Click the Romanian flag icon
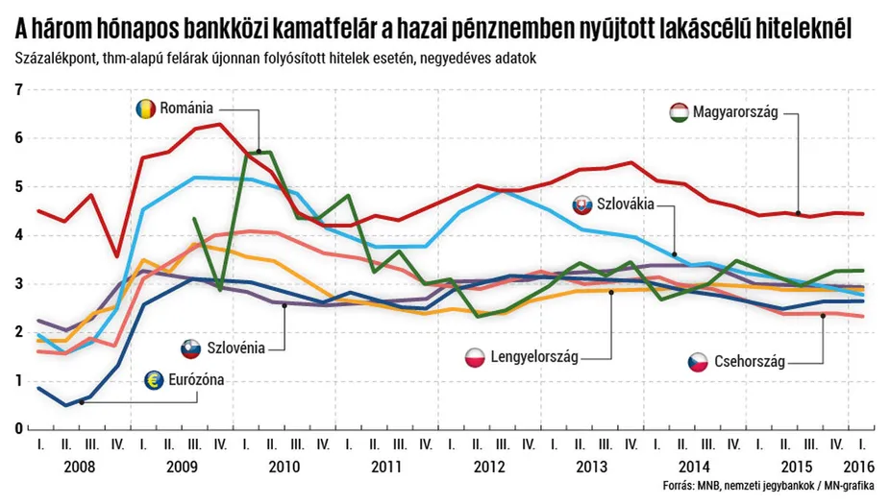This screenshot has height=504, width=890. [146, 109]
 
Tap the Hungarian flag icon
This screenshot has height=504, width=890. [680, 113]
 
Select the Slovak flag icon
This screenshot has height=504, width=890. [582, 205]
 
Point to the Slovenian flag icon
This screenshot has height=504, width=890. [191, 348]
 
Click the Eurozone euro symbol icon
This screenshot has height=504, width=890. [154, 379]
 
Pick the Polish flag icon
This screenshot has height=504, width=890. [476, 358]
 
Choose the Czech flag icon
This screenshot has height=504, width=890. [699, 362]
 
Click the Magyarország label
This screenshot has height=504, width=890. [738, 113]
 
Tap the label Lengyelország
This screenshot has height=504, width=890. [534, 358]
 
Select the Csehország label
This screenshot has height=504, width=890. [750, 362]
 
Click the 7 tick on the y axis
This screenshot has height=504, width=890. [18, 90]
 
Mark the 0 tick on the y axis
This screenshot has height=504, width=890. [18, 428]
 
